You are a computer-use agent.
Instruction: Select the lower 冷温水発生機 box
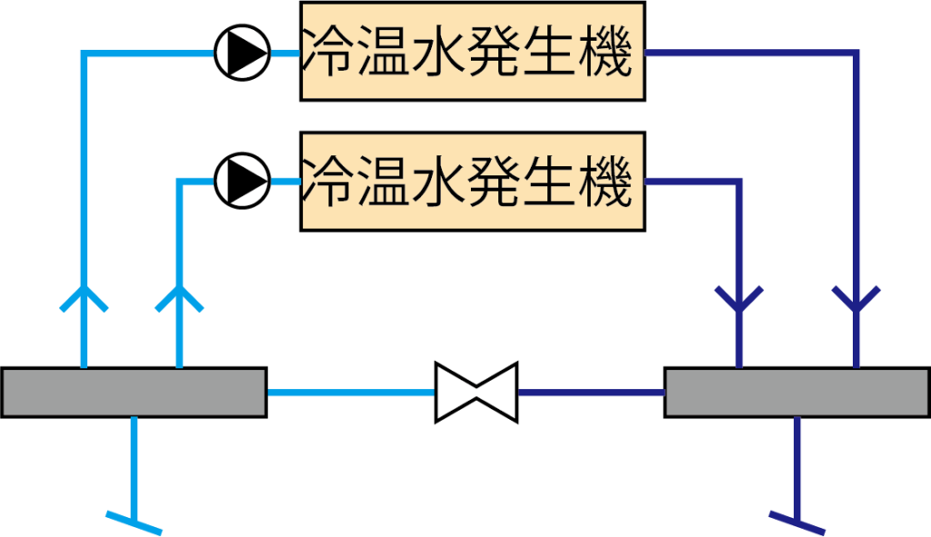pyautogui.click(x=473, y=182)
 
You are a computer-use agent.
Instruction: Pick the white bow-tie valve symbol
pyautogui.click(x=476, y=393)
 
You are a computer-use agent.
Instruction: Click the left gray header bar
pyautogui.click(x=134, y=393)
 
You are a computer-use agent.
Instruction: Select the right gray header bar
pyautogui.click(x=797, y=393)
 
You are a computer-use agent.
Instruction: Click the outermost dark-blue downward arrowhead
pyautogui.click(x=856, y=298)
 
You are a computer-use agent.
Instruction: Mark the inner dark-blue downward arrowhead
pyautogui.click(x=739, y=298)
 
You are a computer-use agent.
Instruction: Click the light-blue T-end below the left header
pyautogui.click(x=135, y=521)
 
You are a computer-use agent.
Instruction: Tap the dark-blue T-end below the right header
pyautogui.click(x=796, y=521)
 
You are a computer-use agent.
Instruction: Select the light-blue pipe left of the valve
pyautogui.click(x=351, y=393)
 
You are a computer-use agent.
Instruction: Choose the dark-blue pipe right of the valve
pyautogui.click(x=591, y=393)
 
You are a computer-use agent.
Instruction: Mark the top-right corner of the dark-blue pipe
pyautogui.click(x=856, y=55)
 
